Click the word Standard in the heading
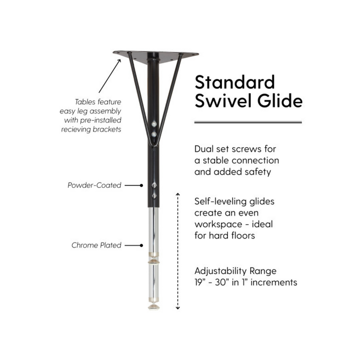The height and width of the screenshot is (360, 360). click(x=235, y=82)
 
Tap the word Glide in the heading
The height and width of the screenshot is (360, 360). click(x=280, y=100)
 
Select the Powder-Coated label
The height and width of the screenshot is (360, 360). click(x=94, y=185)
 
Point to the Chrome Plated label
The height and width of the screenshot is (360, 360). click(x=96, y=245)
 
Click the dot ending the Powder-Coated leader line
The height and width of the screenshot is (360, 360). click(x=141, y=185)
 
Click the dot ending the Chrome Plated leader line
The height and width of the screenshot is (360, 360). click(x=141, y=246)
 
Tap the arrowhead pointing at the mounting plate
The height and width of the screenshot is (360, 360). click(x=119, y=61)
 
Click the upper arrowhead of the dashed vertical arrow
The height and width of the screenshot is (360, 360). click(x=178, y=195)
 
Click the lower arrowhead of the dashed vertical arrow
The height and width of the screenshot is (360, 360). click(x=178, y=308)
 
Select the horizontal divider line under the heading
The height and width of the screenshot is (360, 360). click(x=248, y=122)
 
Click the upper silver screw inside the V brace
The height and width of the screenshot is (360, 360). click(x=154, y=124)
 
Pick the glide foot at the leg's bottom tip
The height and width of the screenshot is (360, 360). click(x=153, y=307)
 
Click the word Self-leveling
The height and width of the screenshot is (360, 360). click(x=217, y=201)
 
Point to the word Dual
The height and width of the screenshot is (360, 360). click(x=205, y=149)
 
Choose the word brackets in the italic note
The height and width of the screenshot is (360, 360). click(x=107, y=129)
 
